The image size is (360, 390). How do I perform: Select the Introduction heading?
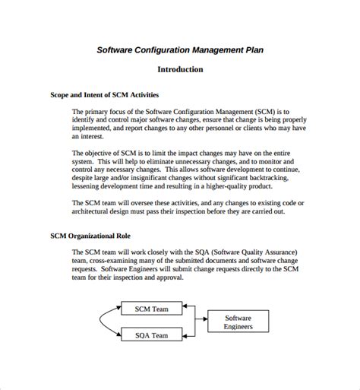pyautogui.click(x=180, y=69)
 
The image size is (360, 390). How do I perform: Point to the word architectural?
pyautogui.click(x=97, y=212)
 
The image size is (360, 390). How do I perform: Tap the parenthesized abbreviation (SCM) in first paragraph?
pyautogui.click(x=256, y=111)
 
